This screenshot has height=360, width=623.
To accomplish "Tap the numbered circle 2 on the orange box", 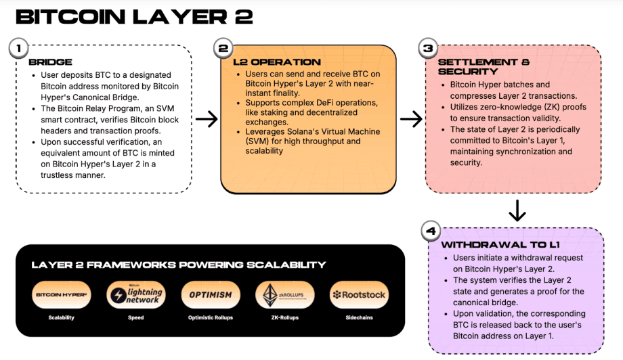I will pyautogui.click(x=222, y=49).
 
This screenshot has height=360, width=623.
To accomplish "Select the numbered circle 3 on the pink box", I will pyautogui.click(x=427, y=49).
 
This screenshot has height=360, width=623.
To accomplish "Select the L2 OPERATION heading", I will pyautogui.click(x=277, y=62).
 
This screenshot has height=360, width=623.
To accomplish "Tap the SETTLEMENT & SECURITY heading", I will pyautogui.click(x=484, y=66).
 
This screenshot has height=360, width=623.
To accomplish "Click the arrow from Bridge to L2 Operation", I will pyautogui.click(x=206, y=119).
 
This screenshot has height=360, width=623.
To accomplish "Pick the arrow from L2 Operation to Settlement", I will pyautogui.click(x=411, y=119).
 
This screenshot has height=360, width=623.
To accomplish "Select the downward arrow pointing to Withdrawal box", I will pyautogui.click(x=517, y=210).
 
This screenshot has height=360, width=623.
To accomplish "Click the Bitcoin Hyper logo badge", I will pyautogui.click(x=62, y=294).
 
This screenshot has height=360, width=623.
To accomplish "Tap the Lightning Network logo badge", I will pyautogui.click(x=135, y=294).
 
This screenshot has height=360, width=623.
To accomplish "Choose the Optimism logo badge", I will pyautogui.click(x=211, y=294).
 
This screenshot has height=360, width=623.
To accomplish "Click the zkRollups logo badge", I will pyautogui.click(x=284, y=294).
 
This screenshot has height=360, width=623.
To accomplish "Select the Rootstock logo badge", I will pyautogui.click(x=359, y=294).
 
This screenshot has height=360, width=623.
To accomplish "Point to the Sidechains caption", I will pyautogui.click(x=359, y=317).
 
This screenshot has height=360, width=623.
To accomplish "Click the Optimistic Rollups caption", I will pyautogui.click(x=211, y=317).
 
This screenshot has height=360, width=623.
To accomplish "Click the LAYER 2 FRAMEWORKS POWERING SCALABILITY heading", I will pyautogui.click(x=179, y=265).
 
